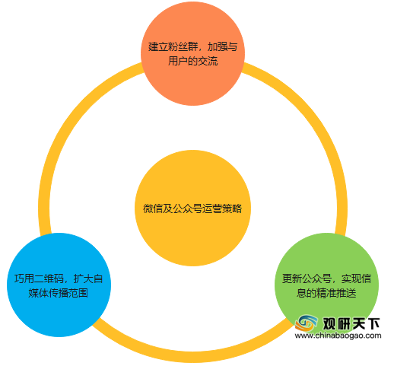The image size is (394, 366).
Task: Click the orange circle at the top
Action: pyautogui.click(x=192, y=53)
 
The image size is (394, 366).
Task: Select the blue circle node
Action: pyautogui.click(x=59, y=285)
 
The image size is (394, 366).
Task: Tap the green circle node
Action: pyautogui.click(x=326, y=285)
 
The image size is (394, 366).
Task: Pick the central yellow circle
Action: pyautogui.click(x=192, y=208)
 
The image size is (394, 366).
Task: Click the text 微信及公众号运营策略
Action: pyautogui.click(x=192, y=208)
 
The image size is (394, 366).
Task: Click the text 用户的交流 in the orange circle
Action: pyautogui.click(x=192, y=61)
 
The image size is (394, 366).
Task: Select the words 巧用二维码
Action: pyautogui.click(x=39, y=278)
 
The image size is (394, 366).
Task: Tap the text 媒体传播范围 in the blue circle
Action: pyautogui.click(x=59, y=293)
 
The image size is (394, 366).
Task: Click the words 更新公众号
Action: pyautogui.click(x=307, y=278)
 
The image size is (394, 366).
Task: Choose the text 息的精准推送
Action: pyautogui.click(x=326, y=293)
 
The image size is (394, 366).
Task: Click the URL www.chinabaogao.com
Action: pyautogui.click(x=338, y=336)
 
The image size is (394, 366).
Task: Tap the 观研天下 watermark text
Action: pyautogui.click(x=351, y=323)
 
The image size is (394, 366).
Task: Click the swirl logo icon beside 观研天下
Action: pyautogui.click(x=307, y=323)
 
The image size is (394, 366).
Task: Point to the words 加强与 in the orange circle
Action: pyautogui.click(x=222, y=46)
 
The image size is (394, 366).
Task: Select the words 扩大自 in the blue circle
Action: pyautogui.click(x=88, y=278)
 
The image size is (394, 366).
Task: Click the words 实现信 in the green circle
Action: pyautogui.click(x=356, y=278)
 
